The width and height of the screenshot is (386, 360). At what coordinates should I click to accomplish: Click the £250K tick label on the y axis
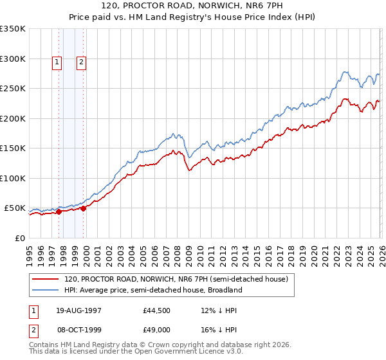[x=13, y=88]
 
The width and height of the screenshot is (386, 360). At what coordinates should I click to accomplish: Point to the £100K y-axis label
[x=13, y=178]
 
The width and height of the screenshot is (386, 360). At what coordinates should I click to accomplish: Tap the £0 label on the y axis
[x=20, y=238]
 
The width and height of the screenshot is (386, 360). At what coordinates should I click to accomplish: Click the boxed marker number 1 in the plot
[x=57, y=62]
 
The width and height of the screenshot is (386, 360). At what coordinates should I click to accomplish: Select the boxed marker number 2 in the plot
[x=82, y=62]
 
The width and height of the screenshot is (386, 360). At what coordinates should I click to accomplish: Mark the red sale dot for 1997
[x=59, y=211]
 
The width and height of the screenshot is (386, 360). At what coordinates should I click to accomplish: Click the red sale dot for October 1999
[x=84, y=208]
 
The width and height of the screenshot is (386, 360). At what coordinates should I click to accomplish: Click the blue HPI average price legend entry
[x=152, y=290]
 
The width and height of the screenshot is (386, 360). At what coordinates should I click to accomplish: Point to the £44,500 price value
[x=157, y=310]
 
